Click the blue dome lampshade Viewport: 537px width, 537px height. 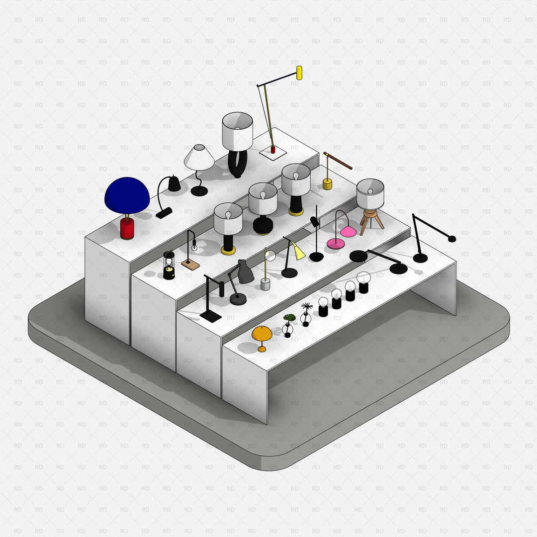pos(127,195)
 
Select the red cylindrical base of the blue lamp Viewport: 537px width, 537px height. pos(127,228)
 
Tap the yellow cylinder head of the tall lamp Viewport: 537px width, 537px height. pos(299,73)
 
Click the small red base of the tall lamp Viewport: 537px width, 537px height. pos(273,150)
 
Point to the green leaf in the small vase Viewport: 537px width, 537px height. pos(289,317)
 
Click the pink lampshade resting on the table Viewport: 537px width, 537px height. pos(348,232)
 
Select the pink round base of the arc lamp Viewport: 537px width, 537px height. pos(336,244)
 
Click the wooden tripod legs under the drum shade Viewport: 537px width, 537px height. pos(371,220)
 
